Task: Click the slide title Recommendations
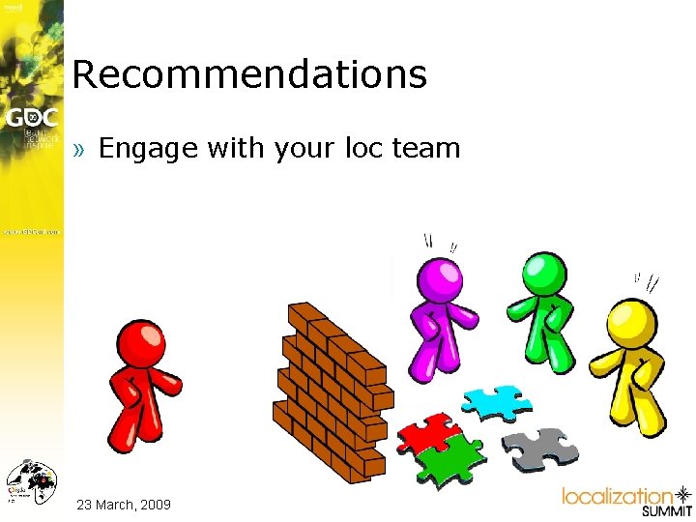point(249,74)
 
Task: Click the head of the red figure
point(141,343)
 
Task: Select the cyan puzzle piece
point(496,401)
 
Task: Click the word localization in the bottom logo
point(617,497)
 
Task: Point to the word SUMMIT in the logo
point(667,509)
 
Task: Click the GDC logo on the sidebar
point(32,119)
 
